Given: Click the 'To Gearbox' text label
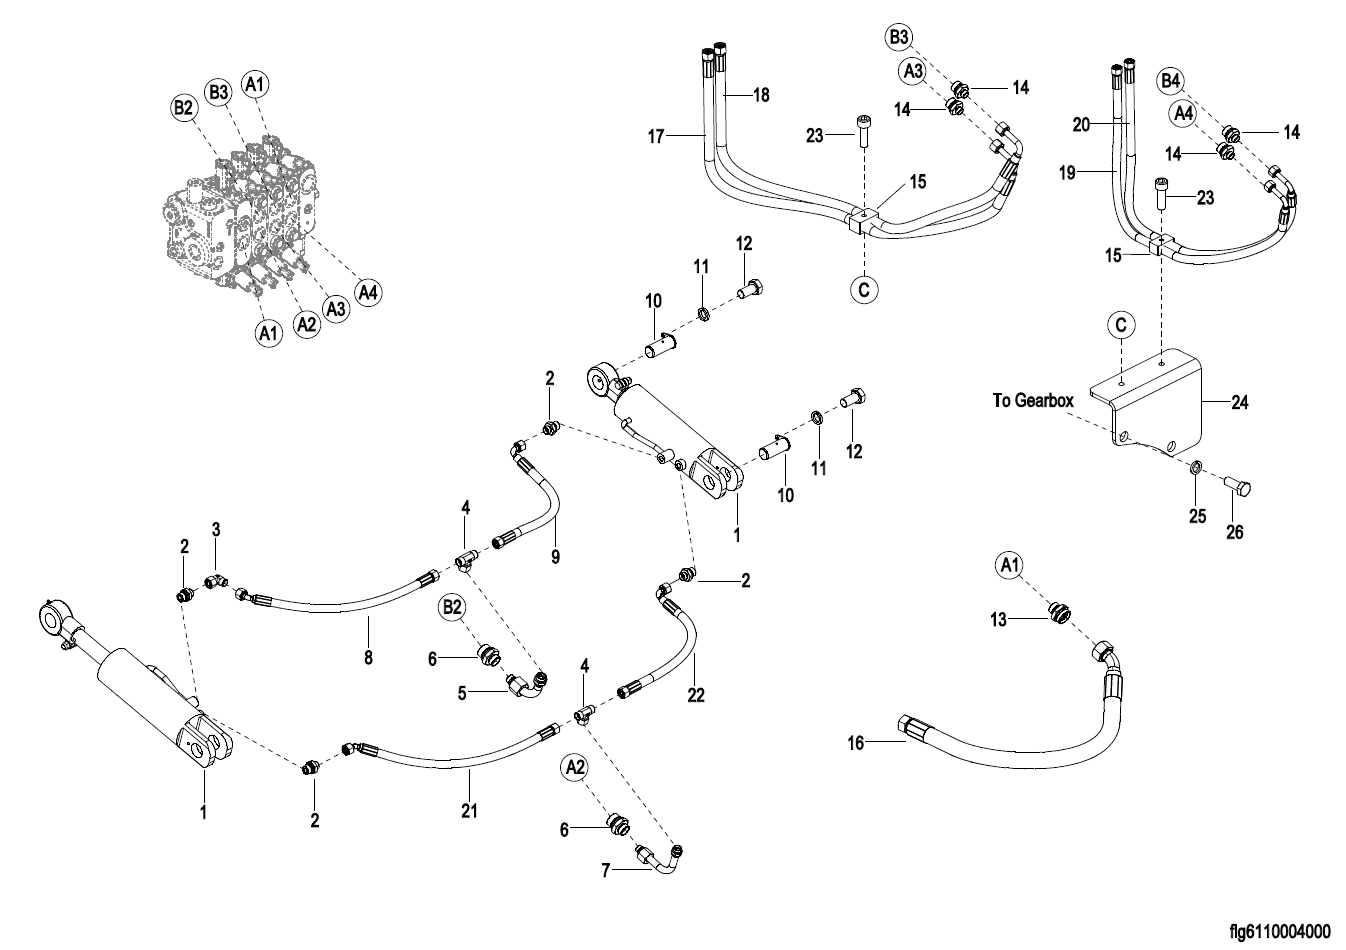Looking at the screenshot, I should [x=1033, y=401].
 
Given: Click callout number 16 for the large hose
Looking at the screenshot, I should [x=855, y=742].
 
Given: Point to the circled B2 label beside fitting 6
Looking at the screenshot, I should [x=452, y=607].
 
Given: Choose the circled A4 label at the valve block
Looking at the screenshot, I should [x=368, y=292].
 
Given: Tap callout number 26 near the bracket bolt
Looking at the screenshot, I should [x=1235, y=532].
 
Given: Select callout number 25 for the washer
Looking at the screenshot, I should [x=1197, y=516].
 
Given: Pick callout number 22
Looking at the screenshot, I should [x=696, y=694].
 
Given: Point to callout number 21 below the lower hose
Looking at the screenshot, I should [x=469, y=810].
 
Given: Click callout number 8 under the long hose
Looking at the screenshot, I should [x=368, y=657].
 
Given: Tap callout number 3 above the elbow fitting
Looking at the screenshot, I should [x=215, y=527].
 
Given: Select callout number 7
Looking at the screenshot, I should [x=606, y=871].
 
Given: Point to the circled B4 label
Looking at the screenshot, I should [x=1171, y=80].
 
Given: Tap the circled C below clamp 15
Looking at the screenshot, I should [x=864, y=290].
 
